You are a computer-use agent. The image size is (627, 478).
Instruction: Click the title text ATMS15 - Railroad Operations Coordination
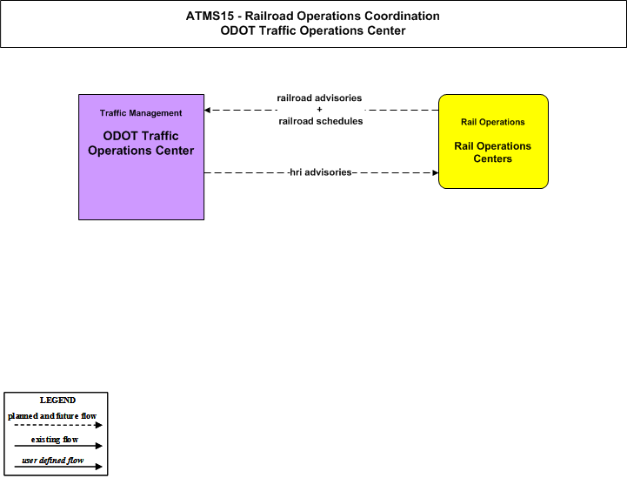[x=313, y=16]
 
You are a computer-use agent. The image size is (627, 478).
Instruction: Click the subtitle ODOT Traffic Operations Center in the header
[x=313, y=30]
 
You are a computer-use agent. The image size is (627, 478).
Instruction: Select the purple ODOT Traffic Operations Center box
[x=141, y=157]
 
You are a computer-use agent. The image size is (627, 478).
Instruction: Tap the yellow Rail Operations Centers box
[x=493, y=141]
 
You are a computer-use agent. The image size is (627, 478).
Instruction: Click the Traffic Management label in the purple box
[x=141, y=113]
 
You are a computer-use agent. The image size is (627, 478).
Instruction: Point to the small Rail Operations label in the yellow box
[x=492, y=122]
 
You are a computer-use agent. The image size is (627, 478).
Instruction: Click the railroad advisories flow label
[x=319, y=98]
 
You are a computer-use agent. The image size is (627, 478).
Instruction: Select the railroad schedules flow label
[x=321, y=121]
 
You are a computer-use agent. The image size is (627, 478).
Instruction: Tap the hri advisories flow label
[x=320, y=172]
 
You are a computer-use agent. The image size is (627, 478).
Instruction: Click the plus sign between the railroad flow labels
[x=319, y=110]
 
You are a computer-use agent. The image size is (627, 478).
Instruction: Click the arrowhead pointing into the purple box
[x=207, y=110]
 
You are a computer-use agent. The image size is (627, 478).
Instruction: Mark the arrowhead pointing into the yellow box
[x=436, y=173]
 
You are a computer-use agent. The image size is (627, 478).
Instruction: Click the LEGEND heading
[x=57, y=401]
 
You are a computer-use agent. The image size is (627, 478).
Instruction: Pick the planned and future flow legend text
[x=52, y=416]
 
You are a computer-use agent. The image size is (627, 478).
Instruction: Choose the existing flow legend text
[x=55, y=440]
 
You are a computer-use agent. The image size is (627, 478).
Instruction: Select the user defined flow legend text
[x=53, y=461]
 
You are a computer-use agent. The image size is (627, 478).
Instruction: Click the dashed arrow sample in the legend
[x=58, y=425]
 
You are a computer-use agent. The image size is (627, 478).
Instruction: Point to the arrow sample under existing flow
[x=58, y=446]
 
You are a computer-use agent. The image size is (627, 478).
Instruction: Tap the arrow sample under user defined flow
[x=58, y=467]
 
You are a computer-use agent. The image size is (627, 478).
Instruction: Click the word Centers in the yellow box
[x=492, y=159]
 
